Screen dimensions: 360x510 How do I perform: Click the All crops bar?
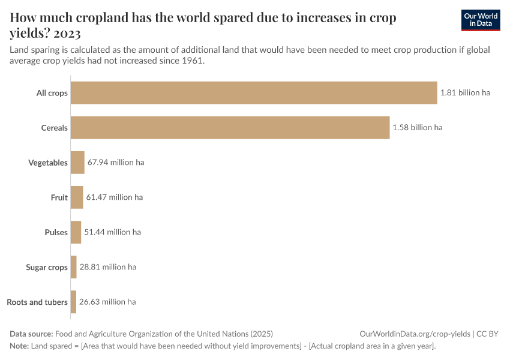coord(253,93)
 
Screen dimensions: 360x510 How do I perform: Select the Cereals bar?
coord(230,128)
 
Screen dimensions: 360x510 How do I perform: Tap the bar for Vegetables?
coord(77,163)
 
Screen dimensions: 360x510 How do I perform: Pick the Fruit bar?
coord(77,197)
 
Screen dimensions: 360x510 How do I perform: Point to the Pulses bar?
coord(76,232)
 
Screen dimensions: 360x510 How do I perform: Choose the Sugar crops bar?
coord(74,267)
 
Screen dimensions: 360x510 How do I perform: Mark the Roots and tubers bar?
coord(73,302)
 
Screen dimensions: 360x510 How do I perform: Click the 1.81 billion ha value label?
coord(465,93)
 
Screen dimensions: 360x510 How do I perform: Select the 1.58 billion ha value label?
coord(418,128)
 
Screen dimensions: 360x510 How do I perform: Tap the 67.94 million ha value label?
coord(116,163)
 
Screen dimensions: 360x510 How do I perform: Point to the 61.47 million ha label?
coord(114,197)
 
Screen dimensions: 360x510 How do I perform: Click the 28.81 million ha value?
coord(107,267)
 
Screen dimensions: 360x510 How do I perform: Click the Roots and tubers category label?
coord(37,302)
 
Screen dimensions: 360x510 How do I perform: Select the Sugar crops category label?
coord(47,267)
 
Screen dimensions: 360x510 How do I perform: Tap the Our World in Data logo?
coord(480,20)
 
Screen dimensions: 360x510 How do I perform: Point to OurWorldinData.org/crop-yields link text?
coord(415,334)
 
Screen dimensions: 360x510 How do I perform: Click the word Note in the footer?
coord(19,346)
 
